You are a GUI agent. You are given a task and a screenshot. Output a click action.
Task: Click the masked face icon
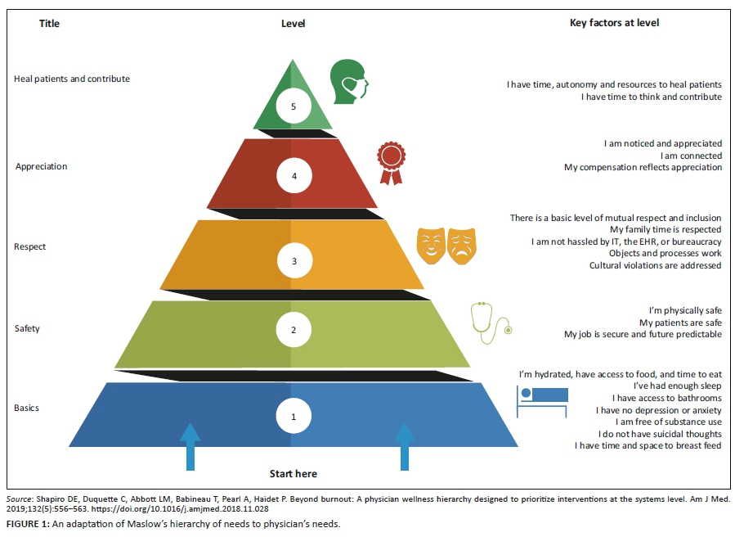pyautogui.click(x=348, y=80)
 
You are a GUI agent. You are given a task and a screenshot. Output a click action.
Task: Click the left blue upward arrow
pyautogui.click(x=190, y=446)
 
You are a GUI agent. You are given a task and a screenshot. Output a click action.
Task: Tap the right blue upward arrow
pyautogui.click(x=404, y=446)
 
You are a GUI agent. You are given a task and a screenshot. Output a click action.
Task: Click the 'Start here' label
pyautogui.click(x=293, y=474)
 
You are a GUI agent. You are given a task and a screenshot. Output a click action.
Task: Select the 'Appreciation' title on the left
pyautogui.click(x=42, y=167)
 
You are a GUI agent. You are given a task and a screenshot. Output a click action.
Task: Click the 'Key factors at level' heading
pyautogui.click(x=614, y=23)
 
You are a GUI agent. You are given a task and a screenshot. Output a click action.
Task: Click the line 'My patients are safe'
pyautogui.click(x=680, y=323)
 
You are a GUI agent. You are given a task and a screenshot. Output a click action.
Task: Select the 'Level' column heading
pyautogui.click(x=293, y=24)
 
